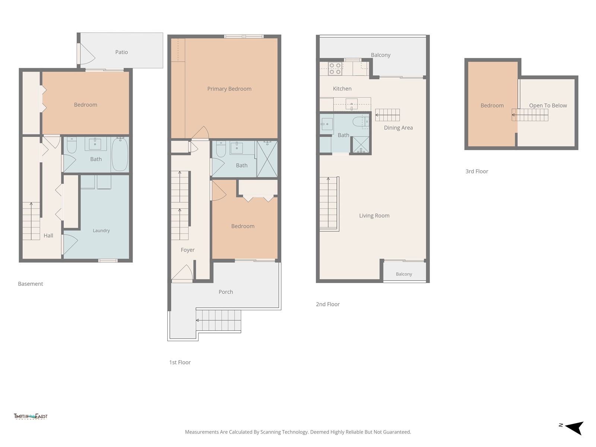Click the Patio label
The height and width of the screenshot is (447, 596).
pyautogui.click(x=121, y=52)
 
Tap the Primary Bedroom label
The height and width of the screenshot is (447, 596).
pyautogui.click(x=229, y=89)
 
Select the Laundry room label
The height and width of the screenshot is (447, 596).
pyautogui.click(x=101, y=231)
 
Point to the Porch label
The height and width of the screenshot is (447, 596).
pyautogui.click(x=226, y=292)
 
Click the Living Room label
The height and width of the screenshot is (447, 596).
pyautogui.click(x=374, y=216)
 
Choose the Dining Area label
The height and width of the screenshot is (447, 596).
pyautogui.click(x=398, y=127)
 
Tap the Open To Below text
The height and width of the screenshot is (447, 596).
pyautogui.click(x=548, y=105)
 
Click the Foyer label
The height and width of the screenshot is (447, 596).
pyautogui.click(x=188, y=250)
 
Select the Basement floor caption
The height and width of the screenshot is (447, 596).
pyautogui.click(x=31, y=283)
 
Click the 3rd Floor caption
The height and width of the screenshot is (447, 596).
pyautogui.click(x=477, y=171)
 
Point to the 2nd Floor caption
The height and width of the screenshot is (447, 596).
pyautogui.click(x=328, y=304)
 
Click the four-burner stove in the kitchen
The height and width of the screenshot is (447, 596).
pyautogui.click(x=335, y=69)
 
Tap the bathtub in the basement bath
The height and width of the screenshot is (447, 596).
pyautogui.click(x=120, y=154)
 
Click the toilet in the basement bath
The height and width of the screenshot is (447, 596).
pyautogui.click(x=72, y=146)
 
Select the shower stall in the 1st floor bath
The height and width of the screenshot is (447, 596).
pyautogui.click(x=267, y=159)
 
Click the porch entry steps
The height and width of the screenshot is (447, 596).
pyautogui.click(x=219, y=320)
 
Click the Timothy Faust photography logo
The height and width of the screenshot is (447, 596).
pyautogui.click(x=31, y=416)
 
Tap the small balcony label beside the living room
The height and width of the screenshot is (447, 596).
pyautogui.click(x=404, y=274)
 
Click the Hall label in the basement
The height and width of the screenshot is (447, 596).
pyautogui.click(x=48, y=235)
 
